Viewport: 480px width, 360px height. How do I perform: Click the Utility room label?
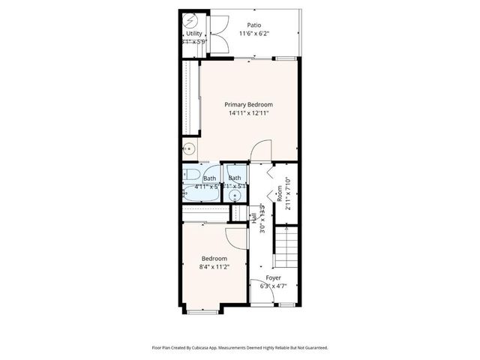(x=194, y=34)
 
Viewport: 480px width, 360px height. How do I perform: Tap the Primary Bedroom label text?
(x=249, y=104)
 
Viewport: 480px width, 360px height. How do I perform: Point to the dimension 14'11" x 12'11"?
(x=249, y=113)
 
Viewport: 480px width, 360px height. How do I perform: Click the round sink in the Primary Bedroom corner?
(x=189, y=149)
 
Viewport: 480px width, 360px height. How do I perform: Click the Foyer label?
(x=274, y=277)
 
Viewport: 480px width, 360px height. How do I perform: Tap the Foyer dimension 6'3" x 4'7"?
(x=274, y=286)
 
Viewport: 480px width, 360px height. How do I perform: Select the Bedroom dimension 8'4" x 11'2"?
(x=214, y=266)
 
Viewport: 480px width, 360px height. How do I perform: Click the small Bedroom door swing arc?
(x=237, y=237)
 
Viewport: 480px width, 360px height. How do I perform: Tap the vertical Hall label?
(x=255, y=217)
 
